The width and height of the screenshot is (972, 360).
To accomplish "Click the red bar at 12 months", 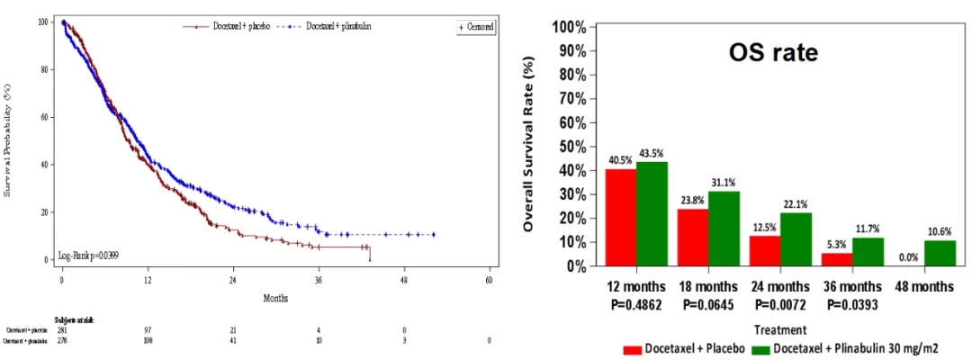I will (620, 217).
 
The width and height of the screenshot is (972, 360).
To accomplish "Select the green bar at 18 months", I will (723, 229).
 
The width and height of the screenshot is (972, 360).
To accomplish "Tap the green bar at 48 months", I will (940, 253).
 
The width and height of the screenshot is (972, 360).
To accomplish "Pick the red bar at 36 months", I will (837, 259).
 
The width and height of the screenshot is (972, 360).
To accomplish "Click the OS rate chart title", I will (772, 53).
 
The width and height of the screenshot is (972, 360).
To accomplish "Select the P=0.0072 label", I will (780, 304).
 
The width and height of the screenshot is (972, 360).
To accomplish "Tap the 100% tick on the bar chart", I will (573, 27).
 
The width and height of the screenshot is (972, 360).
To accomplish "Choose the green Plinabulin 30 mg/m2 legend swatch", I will (762, 350).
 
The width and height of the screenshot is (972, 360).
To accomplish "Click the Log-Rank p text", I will (89, 256).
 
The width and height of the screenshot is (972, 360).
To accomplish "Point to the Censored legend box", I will (476, 28).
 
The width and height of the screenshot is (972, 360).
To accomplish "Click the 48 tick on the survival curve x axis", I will (404, 279).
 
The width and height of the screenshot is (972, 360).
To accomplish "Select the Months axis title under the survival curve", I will (275, 297).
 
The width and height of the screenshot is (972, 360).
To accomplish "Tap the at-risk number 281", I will (63, 331).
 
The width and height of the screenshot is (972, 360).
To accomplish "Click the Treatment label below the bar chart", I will (780, 330).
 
